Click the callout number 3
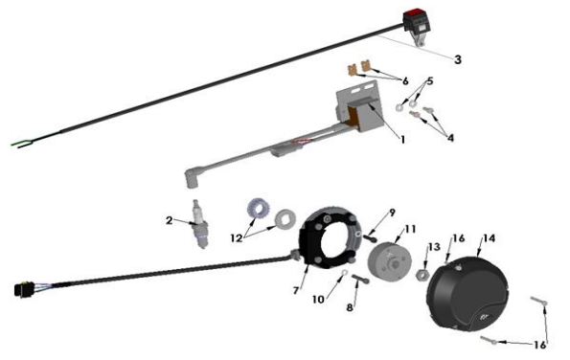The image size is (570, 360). [x=458, y=59]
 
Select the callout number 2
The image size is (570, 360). [x=169, y=220]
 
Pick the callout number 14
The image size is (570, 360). [x=490, y=237]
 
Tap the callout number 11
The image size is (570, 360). [x=410, y=229]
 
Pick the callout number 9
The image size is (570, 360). [x=392, y=212]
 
